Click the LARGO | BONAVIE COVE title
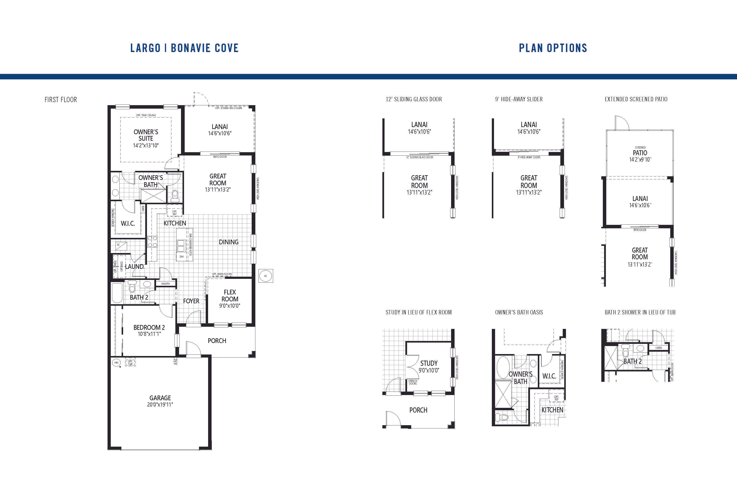(x=184, y=48)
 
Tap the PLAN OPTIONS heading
(x=553, y=48)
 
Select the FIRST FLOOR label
(x=61, y=100)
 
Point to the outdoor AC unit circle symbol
(x=265, y=276)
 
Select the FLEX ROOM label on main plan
(x=230, y=296)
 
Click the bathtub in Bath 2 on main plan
(x=117, y=293)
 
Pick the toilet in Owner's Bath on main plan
(x=175, y=195)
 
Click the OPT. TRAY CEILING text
(x=146, y=115)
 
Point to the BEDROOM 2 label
(x=149, y=327)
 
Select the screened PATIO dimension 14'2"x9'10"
(x=640, y=160)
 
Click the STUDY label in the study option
(x=429, y=363)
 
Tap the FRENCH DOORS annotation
(x=413, y=382)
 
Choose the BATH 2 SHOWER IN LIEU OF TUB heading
(x=640, y=312)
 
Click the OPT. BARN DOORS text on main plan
(x=222, y=274)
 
